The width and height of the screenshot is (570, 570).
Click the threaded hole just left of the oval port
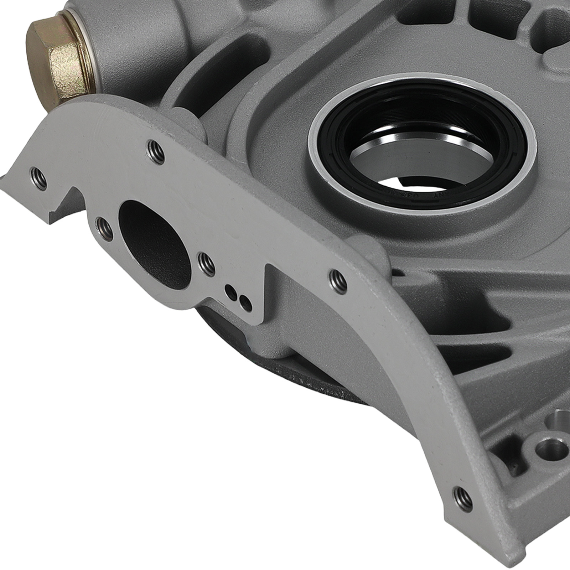pos(105,228)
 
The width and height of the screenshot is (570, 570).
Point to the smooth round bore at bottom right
pos(547,445)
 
